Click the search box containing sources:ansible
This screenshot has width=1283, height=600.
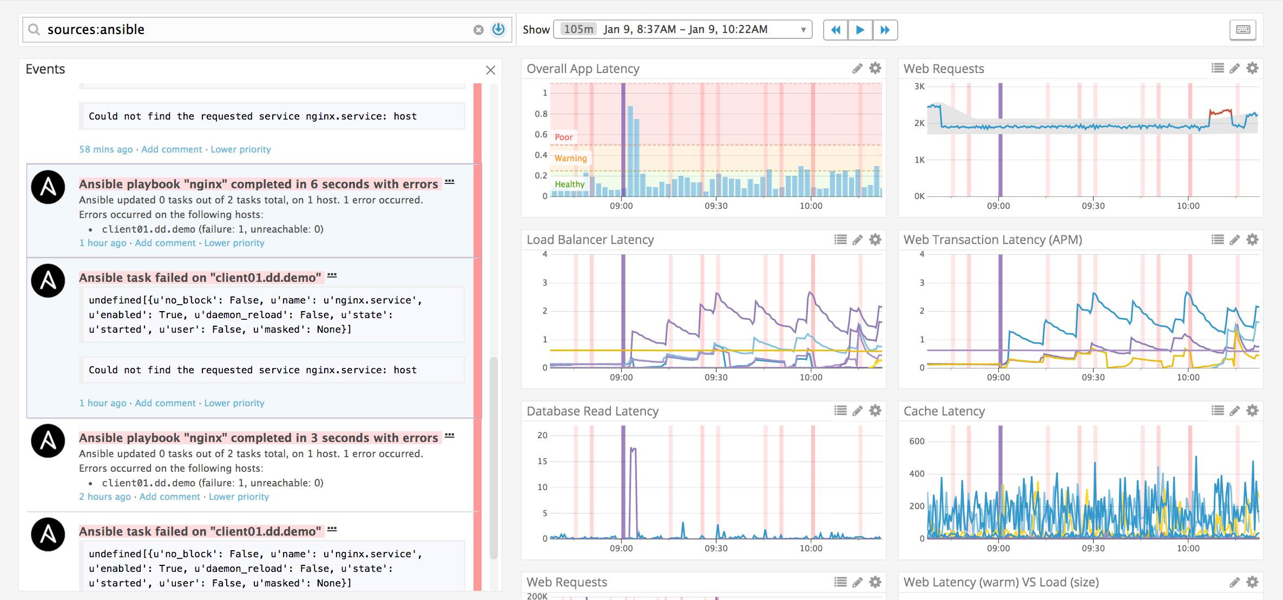point(254,30)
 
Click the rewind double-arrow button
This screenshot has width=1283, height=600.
point(835,30)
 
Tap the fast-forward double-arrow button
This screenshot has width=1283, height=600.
point(885,30)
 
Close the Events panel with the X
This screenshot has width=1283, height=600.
point(491,70)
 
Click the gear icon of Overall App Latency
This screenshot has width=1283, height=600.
point(875,68)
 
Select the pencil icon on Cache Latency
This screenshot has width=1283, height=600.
point(1234,411)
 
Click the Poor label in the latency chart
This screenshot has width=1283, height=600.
point(563,137)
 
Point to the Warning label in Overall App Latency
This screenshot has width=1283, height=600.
point(570,159)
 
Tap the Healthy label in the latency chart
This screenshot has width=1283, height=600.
point(569,184)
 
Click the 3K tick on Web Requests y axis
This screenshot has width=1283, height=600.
point(919,87)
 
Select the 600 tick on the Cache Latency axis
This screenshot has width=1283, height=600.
point(917,441)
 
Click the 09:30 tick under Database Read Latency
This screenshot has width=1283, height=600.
point(716,549)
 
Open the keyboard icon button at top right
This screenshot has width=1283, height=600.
point(1243,30)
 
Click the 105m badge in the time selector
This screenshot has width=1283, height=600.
point(578,29)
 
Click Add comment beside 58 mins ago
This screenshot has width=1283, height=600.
point(172,149)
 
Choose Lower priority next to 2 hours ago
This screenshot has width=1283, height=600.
point(239,497)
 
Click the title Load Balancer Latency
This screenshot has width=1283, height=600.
point(590,240)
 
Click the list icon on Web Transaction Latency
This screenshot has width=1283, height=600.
point(1218,240)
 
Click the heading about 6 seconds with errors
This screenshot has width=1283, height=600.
point(259,184)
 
